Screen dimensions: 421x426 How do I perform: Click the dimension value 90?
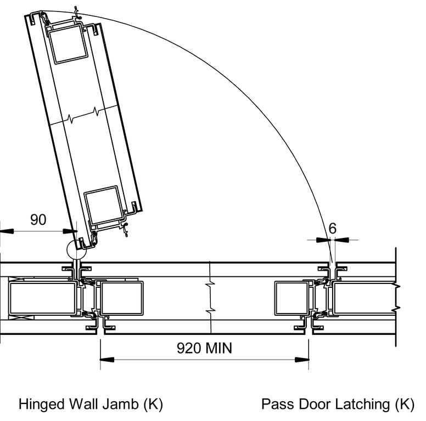click(38, 220)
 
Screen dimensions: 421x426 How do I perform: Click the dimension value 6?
click(333, 228)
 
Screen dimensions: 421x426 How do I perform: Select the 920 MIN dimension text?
click(204, 348)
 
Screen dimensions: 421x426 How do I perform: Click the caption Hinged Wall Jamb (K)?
click(91, 405)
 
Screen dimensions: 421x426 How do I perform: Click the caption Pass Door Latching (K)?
click(338, 405)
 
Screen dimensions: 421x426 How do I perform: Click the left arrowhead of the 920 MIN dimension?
click(107, 360)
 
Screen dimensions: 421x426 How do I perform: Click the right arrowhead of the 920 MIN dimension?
click(301, 360)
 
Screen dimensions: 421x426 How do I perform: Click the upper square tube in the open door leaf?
click(68, 44)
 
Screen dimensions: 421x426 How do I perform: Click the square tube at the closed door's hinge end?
click(121, 298)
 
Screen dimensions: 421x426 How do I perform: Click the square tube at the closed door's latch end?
click(292, 298)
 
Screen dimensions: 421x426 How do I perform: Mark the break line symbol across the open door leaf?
click(83, 116)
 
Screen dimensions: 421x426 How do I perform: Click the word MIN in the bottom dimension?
click(217, 348)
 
